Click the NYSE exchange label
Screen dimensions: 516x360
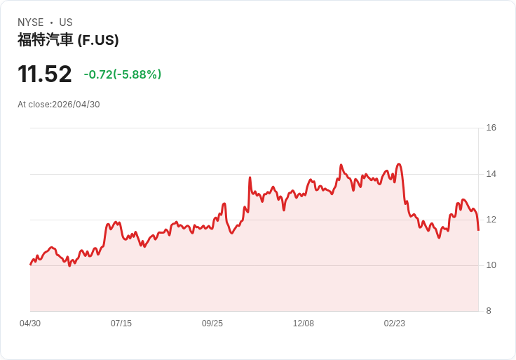[31, 22]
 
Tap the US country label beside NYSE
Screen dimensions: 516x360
[66, 22]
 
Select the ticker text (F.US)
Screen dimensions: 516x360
[98, 40]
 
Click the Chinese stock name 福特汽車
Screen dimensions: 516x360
[45, 40]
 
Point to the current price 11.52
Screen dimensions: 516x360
[45, 74]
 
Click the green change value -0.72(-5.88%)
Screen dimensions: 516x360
[123, 74]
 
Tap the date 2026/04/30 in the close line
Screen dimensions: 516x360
[76, 105]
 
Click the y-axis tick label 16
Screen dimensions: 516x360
[491, 128]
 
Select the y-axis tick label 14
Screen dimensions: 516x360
[491, 174]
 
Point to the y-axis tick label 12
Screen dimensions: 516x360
[491, 220]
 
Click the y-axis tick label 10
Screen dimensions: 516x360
[491, 265]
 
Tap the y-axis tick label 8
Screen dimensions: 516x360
[489, 311]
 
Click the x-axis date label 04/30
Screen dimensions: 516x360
[30, 324]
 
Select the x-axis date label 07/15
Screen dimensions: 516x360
[121, 324]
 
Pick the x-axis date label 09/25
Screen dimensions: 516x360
[212, 324]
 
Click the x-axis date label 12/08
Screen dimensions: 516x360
[304, 324]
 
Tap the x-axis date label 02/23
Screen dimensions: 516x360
[394, 324]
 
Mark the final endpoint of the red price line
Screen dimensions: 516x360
[478, 230]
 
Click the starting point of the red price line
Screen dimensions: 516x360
[31, 264]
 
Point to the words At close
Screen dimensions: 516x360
[34, 105]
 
